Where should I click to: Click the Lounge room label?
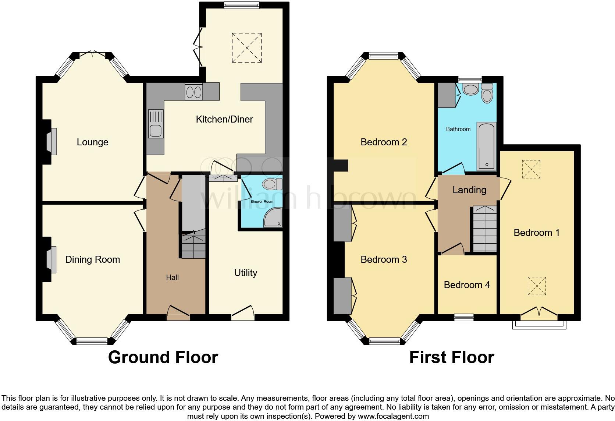(x=92, y=142)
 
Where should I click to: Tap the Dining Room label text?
(x=92, y=259)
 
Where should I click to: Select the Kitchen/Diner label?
(x=224, y=119)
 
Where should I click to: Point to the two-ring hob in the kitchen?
(x=193, y=92)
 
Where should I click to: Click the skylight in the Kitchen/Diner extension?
(x=246, y=48)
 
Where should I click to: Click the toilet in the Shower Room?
(x=273, y=184)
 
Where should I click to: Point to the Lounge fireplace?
(x=51, y=141)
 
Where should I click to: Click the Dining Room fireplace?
(x=51, y=259)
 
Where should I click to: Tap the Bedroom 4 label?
(x=467, y=285)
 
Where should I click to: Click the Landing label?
(x=469, y=190)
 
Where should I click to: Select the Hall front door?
(x=178, y=313)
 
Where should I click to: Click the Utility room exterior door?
(x=243, y=313)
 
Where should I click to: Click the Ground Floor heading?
(x=163, y=357)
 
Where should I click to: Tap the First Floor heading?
(x=451, y=357)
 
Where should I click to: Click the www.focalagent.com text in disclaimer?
(x=393, y=417)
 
